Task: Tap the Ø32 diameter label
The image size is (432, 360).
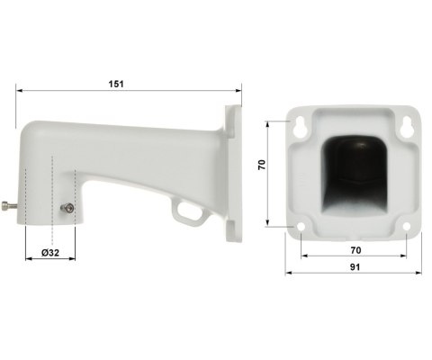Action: click(50, 254)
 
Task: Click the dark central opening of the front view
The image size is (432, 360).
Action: click(354, 175)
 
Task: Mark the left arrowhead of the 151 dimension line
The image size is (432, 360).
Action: click(19, 90)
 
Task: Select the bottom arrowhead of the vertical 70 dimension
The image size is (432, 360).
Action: click(271, 225)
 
